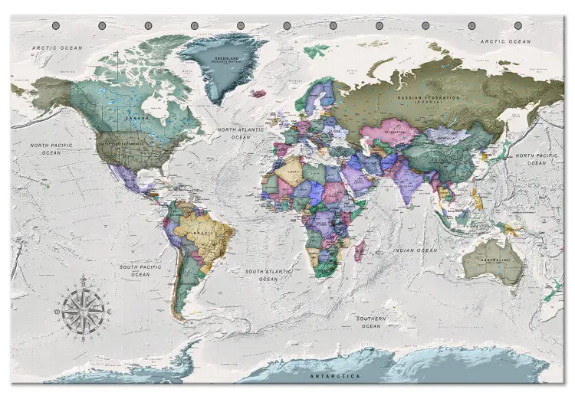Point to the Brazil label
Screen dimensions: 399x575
coord(203,231)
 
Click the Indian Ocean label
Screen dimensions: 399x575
coord(415,250)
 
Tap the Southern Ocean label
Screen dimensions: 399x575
coord(370,322)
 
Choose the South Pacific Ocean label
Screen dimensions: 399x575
coord(140,270)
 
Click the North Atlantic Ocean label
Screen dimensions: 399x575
coord(239,134)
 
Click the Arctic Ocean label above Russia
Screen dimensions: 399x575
coord(504,41)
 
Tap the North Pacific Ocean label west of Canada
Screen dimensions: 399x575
coord(51,149)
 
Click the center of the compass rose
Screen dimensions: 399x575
coord(83,308)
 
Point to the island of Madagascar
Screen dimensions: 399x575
coord(358,248)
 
